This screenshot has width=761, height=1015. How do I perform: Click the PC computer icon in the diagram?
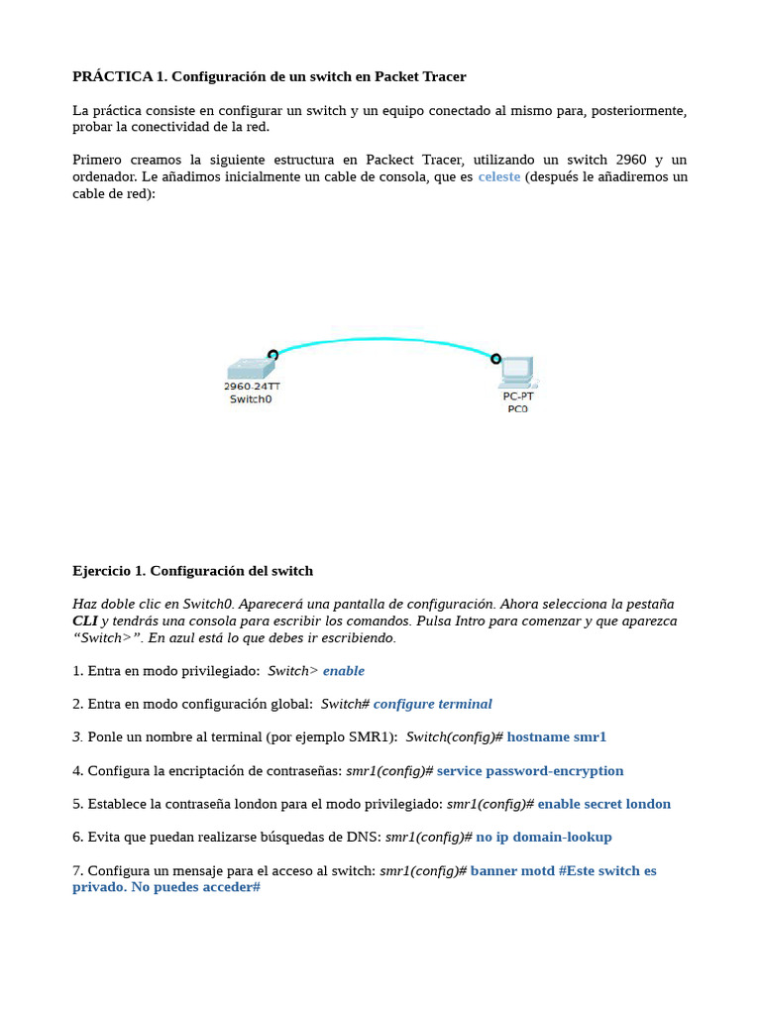tap(516, 371)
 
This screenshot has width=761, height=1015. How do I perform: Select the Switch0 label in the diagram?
tap(250, 399)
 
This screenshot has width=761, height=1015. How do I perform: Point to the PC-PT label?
tap(517, 395)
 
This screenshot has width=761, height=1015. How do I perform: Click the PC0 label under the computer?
tap(517, 408)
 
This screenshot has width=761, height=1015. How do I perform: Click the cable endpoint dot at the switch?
tap(272, 354)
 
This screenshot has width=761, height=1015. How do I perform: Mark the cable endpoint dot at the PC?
tap(495, 358)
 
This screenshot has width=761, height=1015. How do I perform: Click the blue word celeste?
tap(498, 176)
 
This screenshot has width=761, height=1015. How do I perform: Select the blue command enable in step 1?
tap(344, 671)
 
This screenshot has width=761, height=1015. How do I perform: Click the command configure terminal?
tap(432, 704)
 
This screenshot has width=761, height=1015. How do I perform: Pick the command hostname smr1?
tap(556, 736)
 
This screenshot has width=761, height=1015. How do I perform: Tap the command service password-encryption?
tap(530, 770)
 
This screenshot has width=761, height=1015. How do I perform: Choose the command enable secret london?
tap(603, 804)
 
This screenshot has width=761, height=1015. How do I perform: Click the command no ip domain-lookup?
tap(543, 837)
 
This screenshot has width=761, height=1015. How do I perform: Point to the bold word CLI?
tap(85, 620)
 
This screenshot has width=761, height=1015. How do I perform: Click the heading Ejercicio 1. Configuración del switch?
tap(192, 570)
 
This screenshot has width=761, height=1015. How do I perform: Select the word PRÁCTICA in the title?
tap(112, 76)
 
